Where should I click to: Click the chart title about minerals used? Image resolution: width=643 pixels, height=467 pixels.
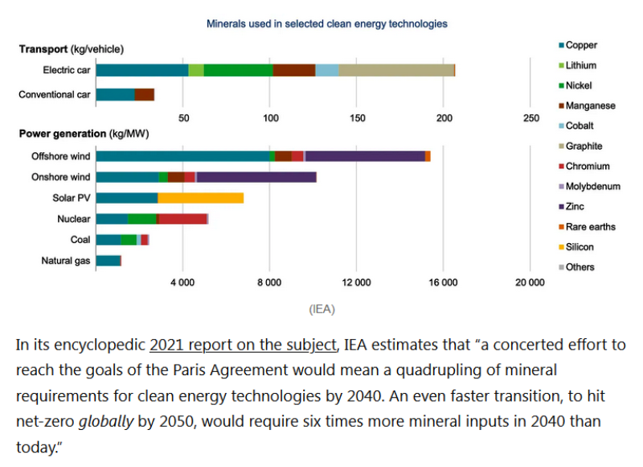(327, 24)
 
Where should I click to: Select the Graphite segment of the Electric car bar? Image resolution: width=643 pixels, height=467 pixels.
(396, 70)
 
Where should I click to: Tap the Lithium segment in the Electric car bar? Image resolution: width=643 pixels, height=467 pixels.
(196, 70)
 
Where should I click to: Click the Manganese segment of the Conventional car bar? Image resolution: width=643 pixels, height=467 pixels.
(144, 95)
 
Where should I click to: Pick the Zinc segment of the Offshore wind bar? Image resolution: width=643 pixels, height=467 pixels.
(365, 155)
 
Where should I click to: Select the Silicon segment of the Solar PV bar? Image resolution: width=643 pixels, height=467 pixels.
(200, 197)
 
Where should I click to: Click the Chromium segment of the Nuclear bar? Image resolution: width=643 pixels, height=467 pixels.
(182, 218)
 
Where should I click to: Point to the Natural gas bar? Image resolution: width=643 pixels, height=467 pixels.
(108, 260)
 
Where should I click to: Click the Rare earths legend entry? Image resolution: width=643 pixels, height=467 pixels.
(590, 226)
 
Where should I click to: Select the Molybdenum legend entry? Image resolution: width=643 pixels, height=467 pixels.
(592, 186)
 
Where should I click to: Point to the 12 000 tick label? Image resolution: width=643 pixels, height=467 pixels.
(356, 282)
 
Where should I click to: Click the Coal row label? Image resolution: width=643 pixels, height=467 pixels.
(80, 239)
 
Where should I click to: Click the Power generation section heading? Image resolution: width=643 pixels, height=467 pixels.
(84, 134)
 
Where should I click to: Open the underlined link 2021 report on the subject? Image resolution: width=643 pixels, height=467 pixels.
(243, 345)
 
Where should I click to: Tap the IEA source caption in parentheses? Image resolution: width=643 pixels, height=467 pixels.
(321, 308)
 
